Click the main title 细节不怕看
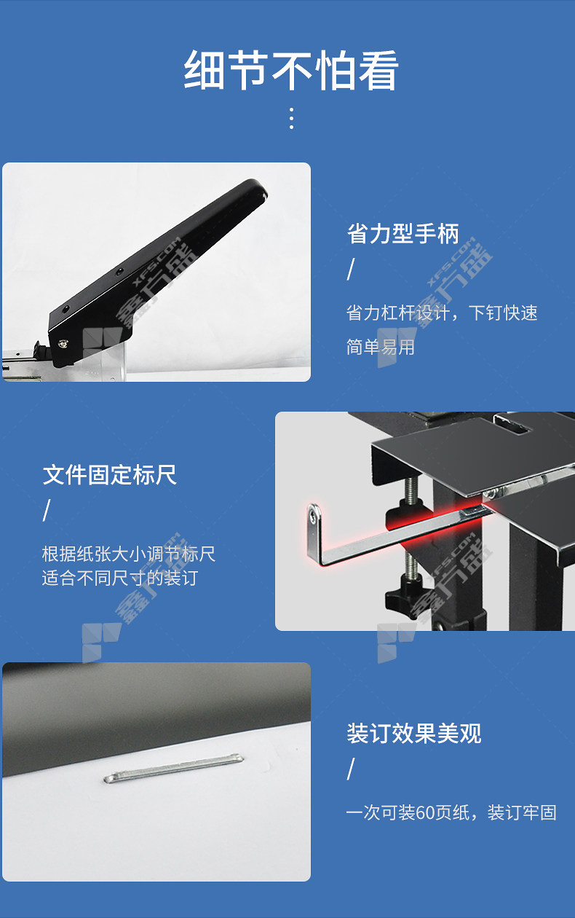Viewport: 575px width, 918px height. coord(291,70)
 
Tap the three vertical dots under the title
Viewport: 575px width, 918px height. coord(291,119)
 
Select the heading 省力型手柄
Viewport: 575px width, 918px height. coord(403,234)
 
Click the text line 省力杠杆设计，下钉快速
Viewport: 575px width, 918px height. coord(442,313)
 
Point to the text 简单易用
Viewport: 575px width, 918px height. coord(381,347)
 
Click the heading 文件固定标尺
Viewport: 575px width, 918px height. coord(110,475)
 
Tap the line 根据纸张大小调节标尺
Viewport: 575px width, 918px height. coord(129,554)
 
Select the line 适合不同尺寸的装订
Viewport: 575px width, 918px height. coord(120,578)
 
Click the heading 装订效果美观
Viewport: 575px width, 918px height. coord(414,733)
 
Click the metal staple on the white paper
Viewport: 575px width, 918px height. coord(174,769)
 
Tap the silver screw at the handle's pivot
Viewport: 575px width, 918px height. coord(63,343)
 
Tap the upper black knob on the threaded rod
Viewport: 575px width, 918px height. coord(408,514)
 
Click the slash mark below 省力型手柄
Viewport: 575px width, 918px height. coord(351,270)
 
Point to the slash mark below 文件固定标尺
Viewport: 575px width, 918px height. coord(47,510)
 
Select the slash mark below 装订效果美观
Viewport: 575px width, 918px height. coord(351,769)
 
